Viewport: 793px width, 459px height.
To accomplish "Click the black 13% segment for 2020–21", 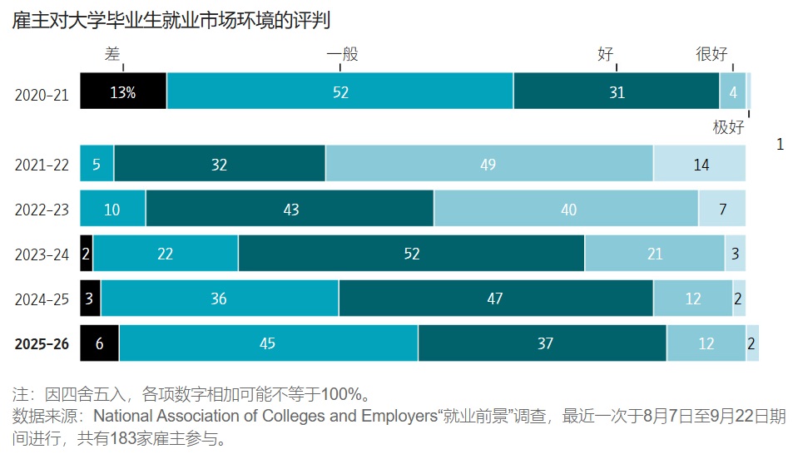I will click(x=123, y=91).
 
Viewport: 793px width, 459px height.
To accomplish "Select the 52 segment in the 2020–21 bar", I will click(x=340, y=91).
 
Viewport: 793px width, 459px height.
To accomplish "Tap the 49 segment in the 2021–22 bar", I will click(x=488, y=164).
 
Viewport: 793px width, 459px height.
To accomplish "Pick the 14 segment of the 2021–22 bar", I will click(x=700, y=164).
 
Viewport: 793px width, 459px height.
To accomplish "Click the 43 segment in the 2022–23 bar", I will click(x=290, y=209).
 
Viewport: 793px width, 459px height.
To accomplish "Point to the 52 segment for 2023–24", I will click(x=411, y=254).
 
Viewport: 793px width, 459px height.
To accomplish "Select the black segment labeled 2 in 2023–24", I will click(x=86, y=254).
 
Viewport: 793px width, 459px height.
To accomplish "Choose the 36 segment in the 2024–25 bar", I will click(x=219, y=299).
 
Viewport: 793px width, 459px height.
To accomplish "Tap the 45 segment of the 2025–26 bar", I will click(x=268, y=343).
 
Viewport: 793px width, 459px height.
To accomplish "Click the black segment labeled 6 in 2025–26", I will click(x=99, y=343).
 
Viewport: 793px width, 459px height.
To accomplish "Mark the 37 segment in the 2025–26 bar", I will click(x=543, y=343).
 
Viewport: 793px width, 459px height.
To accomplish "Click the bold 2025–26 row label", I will click(x=42, y=344).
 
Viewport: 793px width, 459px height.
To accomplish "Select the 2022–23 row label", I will click(x=42, y=210).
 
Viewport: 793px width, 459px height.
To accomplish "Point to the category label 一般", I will click(x=342, y=55).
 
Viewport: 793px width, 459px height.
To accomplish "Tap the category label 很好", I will click(x=711, y=55).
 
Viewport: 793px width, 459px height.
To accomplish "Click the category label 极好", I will click(x=728, y=127).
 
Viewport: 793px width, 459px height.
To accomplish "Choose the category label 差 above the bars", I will click(x=112, y=55).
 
